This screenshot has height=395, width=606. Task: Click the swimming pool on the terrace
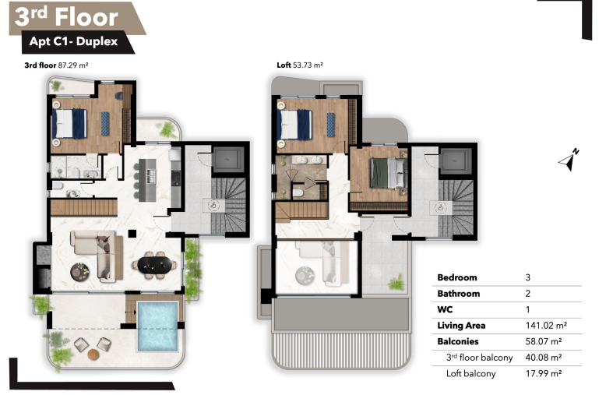point(157,326)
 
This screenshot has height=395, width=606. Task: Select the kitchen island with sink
point(147,180)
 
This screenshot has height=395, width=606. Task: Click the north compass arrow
point(569,160)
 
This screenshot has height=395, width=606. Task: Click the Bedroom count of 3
point(528,277)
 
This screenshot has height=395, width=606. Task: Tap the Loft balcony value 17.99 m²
point(543,373)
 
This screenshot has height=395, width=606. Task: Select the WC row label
point(445,309)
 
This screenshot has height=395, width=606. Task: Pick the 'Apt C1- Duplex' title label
point(73,41)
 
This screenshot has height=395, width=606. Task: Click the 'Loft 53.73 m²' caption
point(300,65)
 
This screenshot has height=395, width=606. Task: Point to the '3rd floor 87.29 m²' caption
point(56,65)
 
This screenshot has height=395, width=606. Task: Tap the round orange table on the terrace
point(93,354)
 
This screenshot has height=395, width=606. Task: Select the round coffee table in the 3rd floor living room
point(80,272)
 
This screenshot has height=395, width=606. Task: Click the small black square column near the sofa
point(132,234)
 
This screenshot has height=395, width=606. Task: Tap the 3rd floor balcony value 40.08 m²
point(543,358)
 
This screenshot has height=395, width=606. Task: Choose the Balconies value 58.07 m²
point(543,342)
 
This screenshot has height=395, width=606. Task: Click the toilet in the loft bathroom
point(298,192)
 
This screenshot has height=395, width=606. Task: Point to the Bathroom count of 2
point(528,294)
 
